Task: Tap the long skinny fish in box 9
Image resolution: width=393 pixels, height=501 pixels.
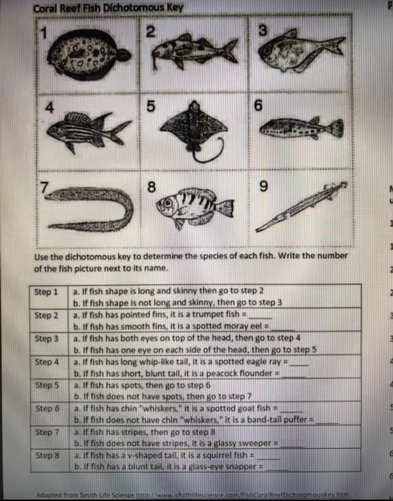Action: pyautogui.click(x=302, y=206)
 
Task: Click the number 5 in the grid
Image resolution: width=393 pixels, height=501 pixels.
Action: pyautogui.click(x=150, y=108)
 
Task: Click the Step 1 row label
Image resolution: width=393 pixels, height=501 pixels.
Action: pyautogui.click(x=46, y=292)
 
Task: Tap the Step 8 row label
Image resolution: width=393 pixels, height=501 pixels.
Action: pyautogui.click(x=46, y=455)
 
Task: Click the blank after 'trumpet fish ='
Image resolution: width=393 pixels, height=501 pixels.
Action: pyautogui.click(x=261, y=316)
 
